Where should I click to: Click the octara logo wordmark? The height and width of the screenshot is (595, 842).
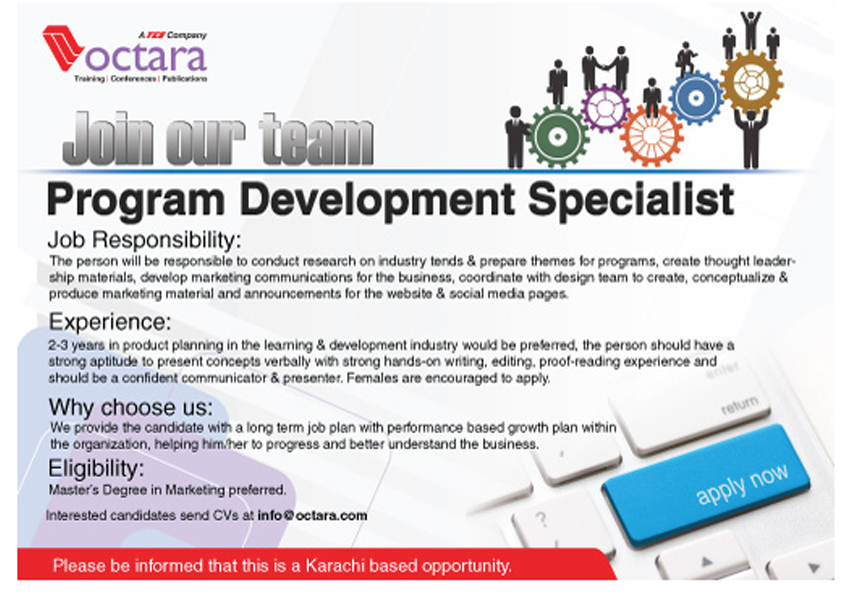146,58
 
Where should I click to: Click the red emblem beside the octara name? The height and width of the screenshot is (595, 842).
62,47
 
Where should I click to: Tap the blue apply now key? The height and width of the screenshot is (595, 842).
707,485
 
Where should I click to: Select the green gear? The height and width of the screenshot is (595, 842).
557,136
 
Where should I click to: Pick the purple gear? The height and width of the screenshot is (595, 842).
605,108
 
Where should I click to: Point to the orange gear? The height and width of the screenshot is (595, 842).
651,135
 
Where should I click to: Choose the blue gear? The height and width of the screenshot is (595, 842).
695,98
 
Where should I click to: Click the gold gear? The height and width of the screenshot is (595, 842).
751,82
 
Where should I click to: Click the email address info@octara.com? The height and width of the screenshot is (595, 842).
313,516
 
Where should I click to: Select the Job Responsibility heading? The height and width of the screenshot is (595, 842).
145,240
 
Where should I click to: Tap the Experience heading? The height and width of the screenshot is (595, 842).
110,322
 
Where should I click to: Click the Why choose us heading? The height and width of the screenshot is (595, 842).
131,407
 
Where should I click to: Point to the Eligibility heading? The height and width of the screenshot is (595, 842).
97,468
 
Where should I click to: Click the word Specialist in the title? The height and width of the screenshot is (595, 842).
631,200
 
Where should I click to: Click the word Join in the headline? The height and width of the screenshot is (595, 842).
111,139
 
